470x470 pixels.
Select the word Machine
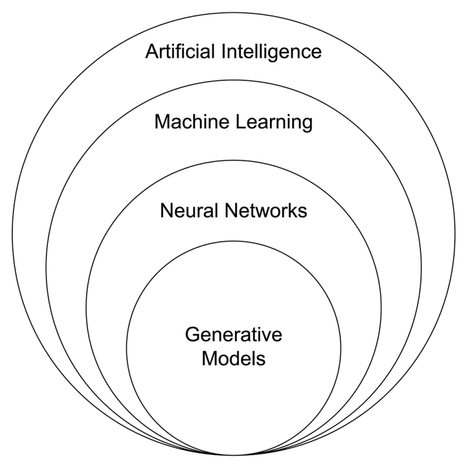click(x=192, y=122)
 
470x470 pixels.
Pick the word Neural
click(x=185, y=211)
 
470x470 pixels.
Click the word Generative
click(x=233, y=335)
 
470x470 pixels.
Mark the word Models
click(x=233, y=357)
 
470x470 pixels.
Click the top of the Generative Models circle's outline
click(x=233, y=241)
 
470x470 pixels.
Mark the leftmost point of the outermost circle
click(x=12, y=235)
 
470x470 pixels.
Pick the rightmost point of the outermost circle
click(x=455, y=235)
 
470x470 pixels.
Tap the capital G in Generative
click(x=192, y=335)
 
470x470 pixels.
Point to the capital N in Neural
click(x=166, y=211)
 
